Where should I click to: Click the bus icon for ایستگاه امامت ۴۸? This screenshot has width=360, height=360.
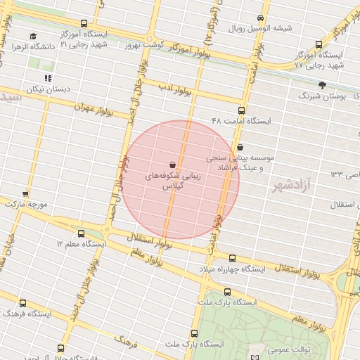point(242,110)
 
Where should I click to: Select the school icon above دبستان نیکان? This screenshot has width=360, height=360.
point(48,79)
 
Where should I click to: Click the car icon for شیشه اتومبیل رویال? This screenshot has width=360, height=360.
point(261,18)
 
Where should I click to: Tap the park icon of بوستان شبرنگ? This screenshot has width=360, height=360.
point(322,84)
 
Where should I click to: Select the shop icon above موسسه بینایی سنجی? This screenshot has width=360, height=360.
point(242,147)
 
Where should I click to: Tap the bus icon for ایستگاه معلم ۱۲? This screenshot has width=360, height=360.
point(80,233)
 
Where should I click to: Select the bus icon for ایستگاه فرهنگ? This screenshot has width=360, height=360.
point(22,304)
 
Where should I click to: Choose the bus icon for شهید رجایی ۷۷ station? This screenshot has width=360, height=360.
point(321,44)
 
